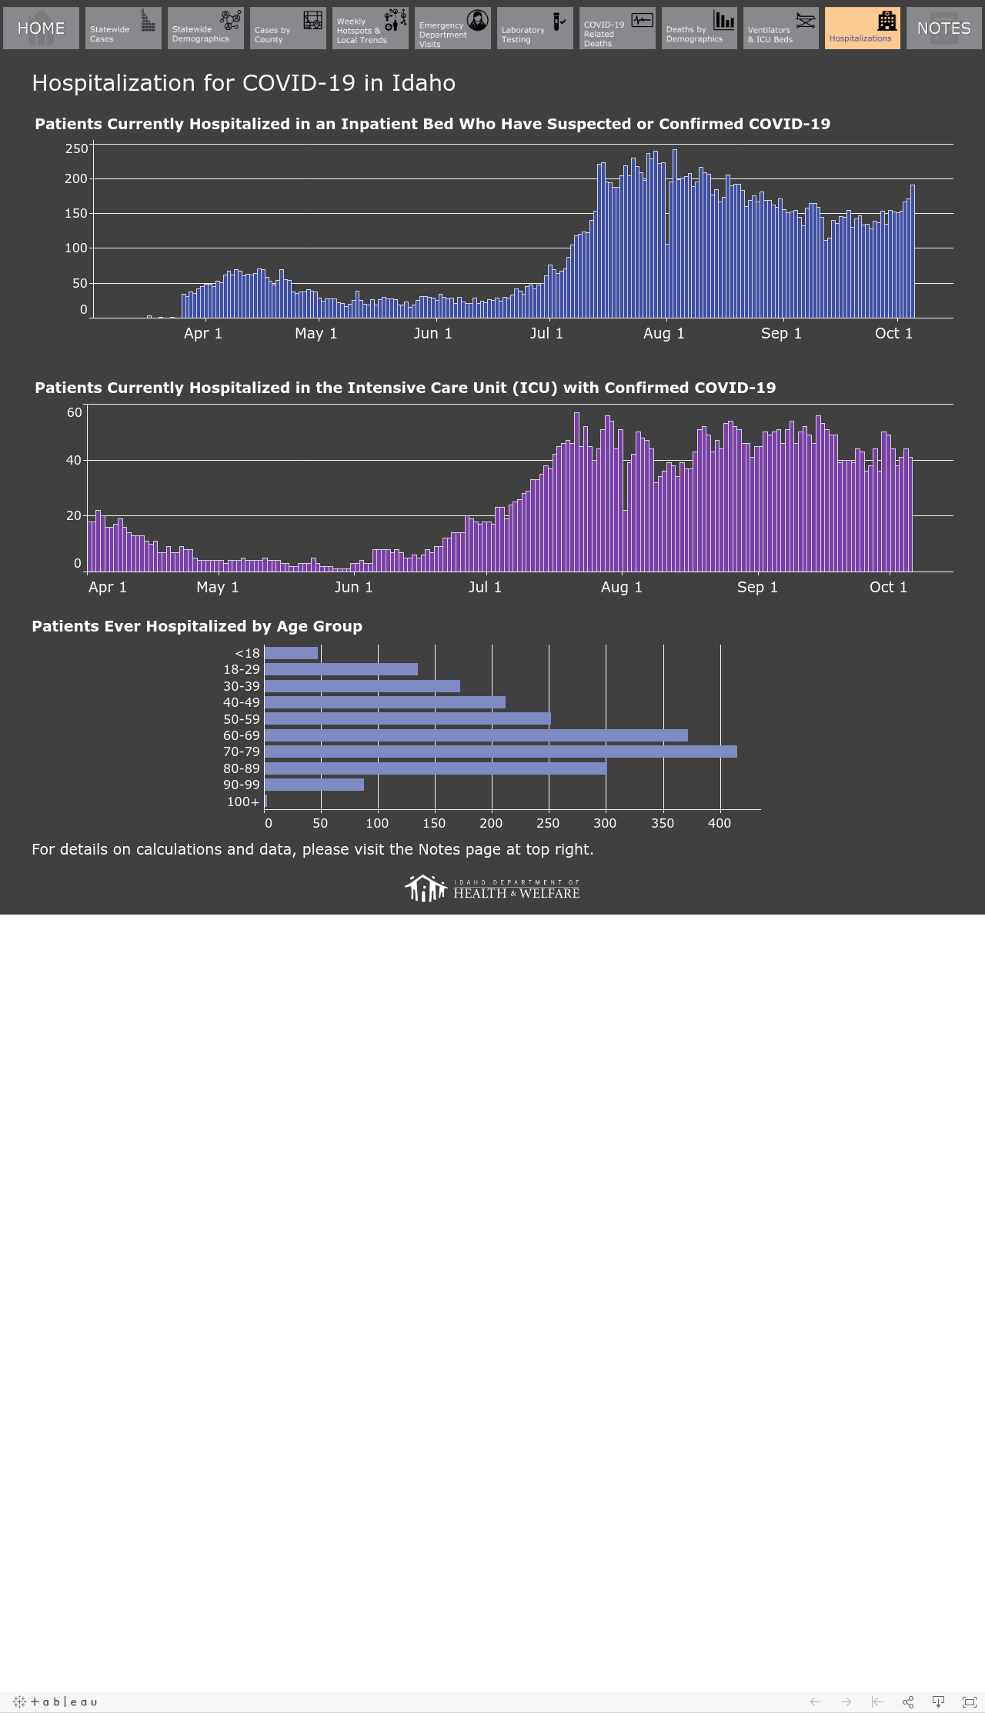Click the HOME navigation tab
tap(41, 28)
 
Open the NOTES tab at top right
tap(943, 28)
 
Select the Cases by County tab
tap(288, 28)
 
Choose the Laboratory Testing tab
tap(535, 28)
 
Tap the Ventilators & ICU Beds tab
tap(781, 28)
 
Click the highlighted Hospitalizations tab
tap(863, 28)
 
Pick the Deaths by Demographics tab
tap(700, 28)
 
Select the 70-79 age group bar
tap(501, 752)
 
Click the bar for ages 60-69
tap(476, 735)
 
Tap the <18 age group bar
tap(291, 653)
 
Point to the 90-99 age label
tap(242, 785)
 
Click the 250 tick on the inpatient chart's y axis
tap(76, 148)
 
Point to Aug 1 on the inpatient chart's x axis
tap(663, 333)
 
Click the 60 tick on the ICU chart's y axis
tap(75, 412)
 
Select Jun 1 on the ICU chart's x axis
tap(353, 587)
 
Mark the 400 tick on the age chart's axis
tap(720, 823)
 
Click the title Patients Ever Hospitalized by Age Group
tap(197, 626)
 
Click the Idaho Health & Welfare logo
tap(492, 888)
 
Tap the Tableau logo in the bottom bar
tap(55, 1701)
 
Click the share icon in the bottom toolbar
tap(908, 1701)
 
